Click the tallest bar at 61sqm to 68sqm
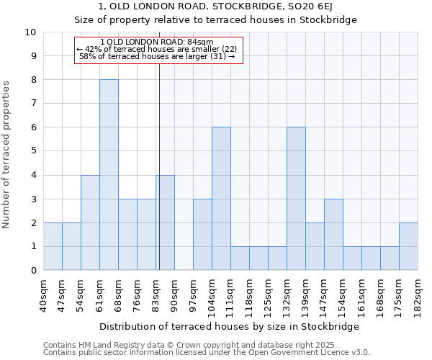click(x=109, y=175)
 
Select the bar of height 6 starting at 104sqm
click(x=221, y=199)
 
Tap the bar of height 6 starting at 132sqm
click(x=296, y=199)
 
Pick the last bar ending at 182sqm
click(x=408, y=246)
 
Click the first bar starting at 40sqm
click(x=53, y=246)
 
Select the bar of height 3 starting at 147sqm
click(x=333, y=235)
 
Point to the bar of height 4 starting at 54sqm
click(x=90, y=222)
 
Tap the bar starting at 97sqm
click(x=202, y=235)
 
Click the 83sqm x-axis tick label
click(x=156, y=294)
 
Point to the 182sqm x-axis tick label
click(x=418, y=294)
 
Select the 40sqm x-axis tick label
click(x=43, y=294)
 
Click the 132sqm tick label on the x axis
click(x=287, y=294)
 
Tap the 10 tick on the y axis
click(x=30, y=32)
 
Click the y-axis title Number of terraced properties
click(x=7, y=155)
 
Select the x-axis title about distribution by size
click(x=229, y=326)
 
